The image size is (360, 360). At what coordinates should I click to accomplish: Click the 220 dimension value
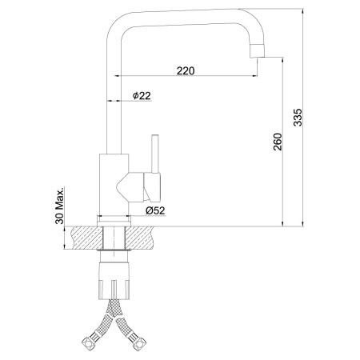pos(186,70)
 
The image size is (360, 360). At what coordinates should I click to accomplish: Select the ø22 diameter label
pos(142,95)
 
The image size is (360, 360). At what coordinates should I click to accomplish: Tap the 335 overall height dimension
pos(298,117)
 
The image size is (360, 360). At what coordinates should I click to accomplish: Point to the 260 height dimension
pos(278,142)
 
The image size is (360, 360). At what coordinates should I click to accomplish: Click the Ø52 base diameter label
pos(155,210)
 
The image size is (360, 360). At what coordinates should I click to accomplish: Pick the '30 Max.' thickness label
pos(60,206)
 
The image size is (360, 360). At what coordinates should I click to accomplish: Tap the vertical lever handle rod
pos(155,154)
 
